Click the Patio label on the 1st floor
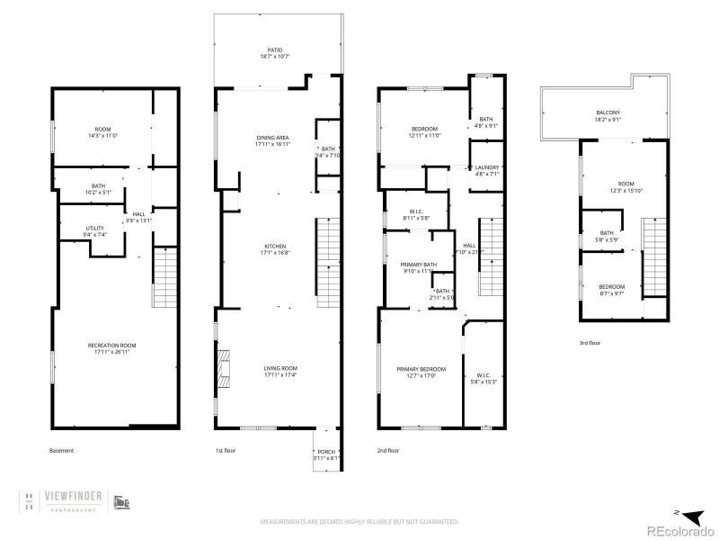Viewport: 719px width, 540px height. (x=277, y=49)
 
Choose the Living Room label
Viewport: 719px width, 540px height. (x=280, y=368)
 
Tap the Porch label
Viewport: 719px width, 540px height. (x=325, y=453)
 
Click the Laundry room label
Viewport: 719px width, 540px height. (x=486, y=167)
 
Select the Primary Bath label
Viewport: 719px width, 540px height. (x=417, y=264)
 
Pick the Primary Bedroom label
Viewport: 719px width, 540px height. (x=421, y=370)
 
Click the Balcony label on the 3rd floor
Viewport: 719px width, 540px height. (x=608, y=112)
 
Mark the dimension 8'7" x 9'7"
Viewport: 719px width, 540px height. (x=612, y=292)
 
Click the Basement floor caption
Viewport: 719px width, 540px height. (x=61, y=450)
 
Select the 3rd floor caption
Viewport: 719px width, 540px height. (x=590, y=342)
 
